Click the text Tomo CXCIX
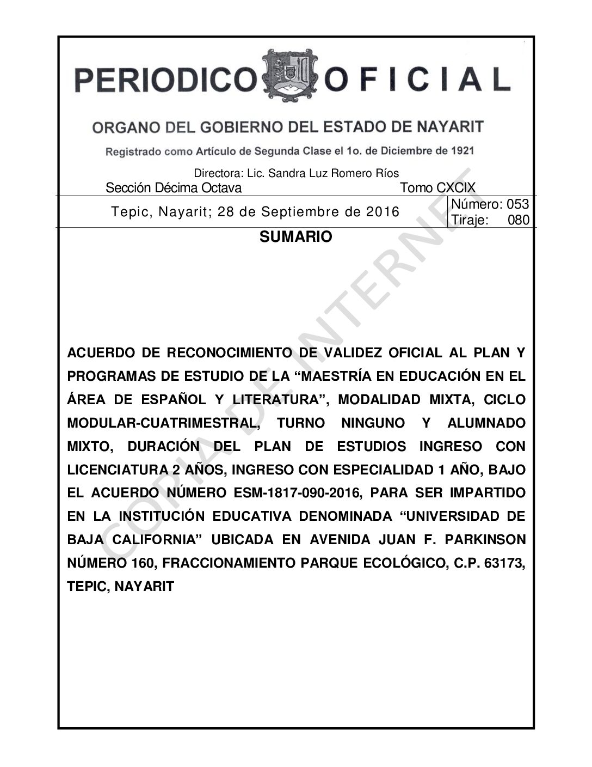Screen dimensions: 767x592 (437, 188)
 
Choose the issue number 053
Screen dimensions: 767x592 (517, 204)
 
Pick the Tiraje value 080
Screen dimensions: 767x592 (518, 220)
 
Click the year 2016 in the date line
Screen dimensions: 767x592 (383, 212)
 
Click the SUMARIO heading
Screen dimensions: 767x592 (295, 237)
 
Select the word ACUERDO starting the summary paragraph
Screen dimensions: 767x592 (101, 353)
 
